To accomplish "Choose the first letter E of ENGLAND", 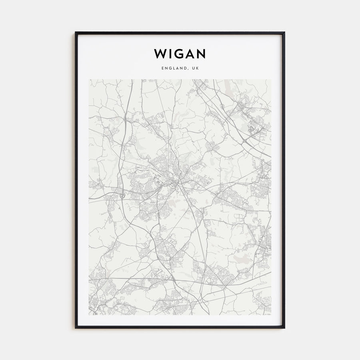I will (163, 68).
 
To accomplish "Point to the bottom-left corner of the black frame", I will (76, 328).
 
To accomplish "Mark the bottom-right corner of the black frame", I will (284, 328).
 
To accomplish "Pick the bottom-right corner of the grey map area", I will (271, 315).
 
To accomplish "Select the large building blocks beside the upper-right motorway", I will (253, 129).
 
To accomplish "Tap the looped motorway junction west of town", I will (121, 196).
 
